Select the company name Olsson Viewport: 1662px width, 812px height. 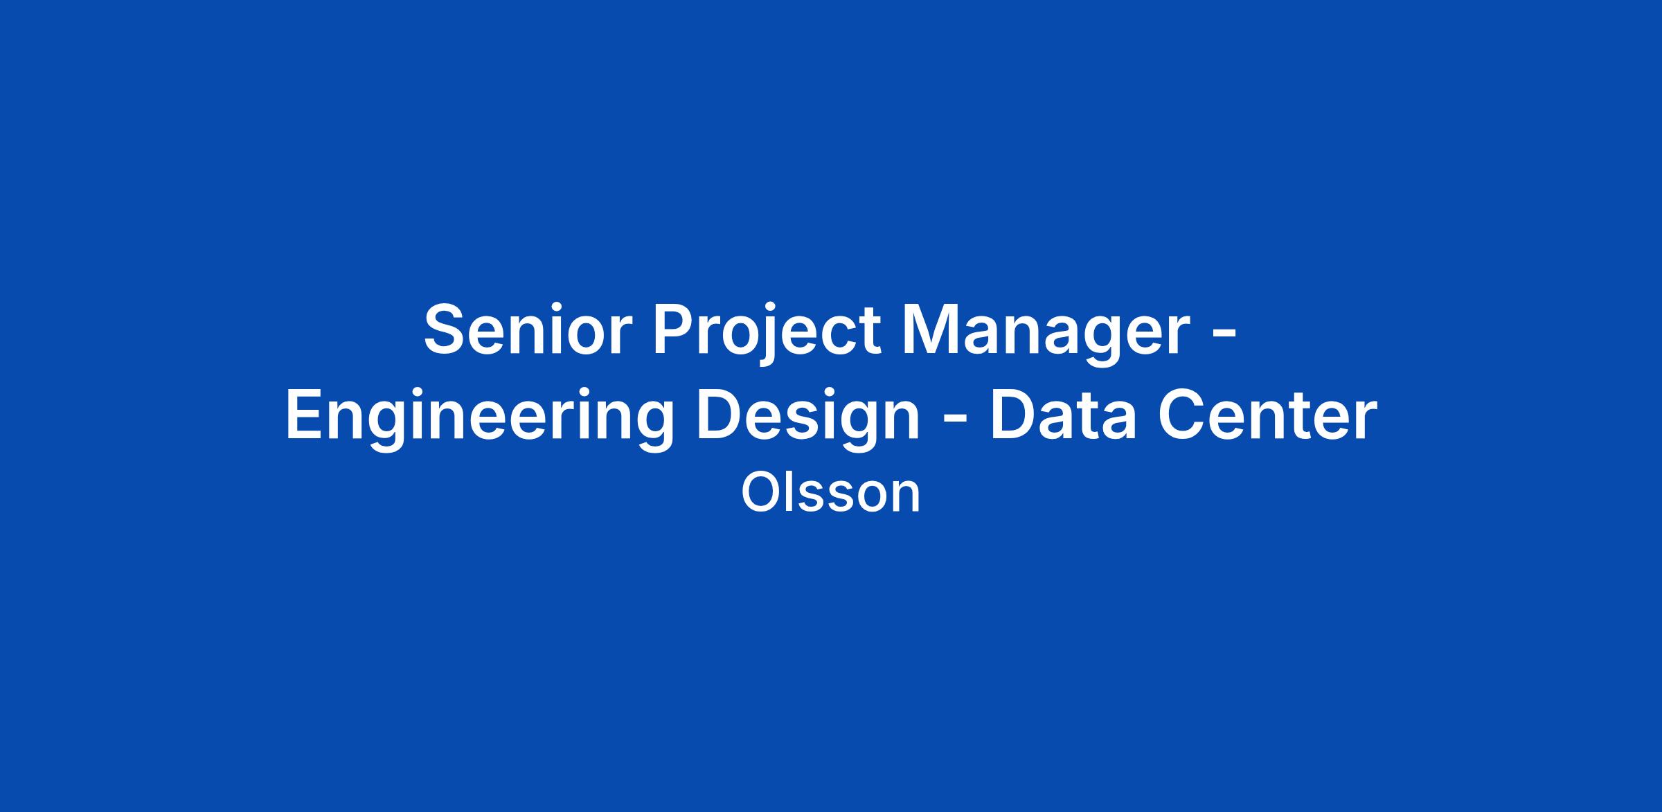(831, 493)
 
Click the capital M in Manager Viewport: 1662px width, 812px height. (931, 330)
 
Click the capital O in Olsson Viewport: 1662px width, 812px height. (760, 493)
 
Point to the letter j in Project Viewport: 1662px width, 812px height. (769, 336)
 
